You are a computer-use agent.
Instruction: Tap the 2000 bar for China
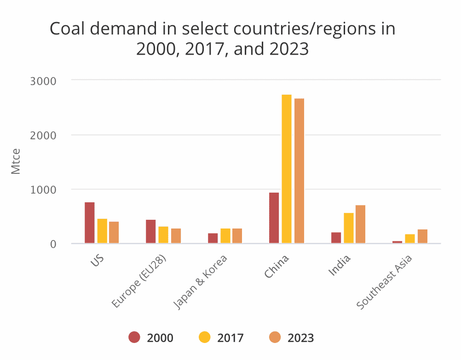pyautogui.click(x=274, y=218)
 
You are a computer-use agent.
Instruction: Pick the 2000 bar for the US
pyautogui.click(x=90, y=223)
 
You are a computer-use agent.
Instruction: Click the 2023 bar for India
pyautogui.click(x=360, y=224)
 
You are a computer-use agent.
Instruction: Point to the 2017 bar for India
pyautogui.click(x=348, y=228)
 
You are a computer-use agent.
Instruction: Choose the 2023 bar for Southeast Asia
pyautogui.click(x=422, y=236)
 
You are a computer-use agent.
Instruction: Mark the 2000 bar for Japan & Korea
pyautogui.click(x=213, y=238)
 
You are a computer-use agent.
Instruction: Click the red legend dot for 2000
pyautogui.click(x=134, y=337)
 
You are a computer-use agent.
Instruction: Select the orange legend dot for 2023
pyautogui.click(x=274, y=337)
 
